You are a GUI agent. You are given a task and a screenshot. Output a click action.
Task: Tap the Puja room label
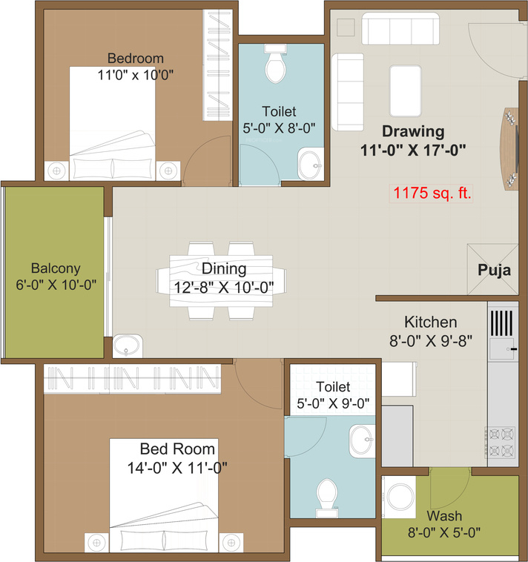(x=494, y=270)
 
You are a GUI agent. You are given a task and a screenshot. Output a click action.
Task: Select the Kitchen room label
(x=430, y=323)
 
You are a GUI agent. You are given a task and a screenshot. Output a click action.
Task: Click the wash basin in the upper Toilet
(x=309, y=165)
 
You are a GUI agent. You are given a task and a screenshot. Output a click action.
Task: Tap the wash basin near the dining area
(x=129, y=345)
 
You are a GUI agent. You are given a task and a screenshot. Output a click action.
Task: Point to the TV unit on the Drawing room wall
(x=510, y=148)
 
